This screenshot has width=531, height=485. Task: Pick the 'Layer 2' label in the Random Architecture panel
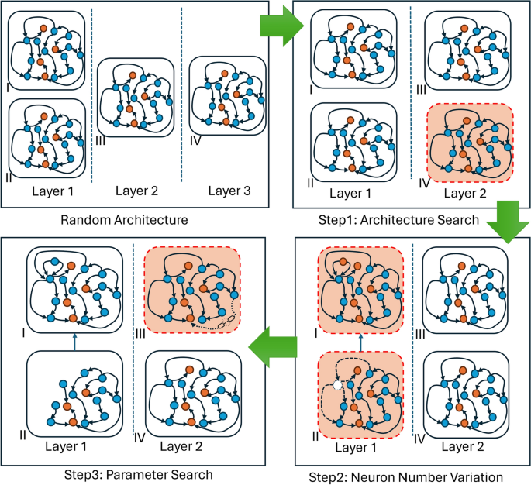pyautogui.click(x=136, y=191)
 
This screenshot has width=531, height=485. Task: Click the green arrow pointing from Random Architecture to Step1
pyautogui.click(x=280, y=27)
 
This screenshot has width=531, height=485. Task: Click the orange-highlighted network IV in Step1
pyautogui.click(x=469, y=144)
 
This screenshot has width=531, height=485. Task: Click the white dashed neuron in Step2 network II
pyautogui.click(x=337, y=385)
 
